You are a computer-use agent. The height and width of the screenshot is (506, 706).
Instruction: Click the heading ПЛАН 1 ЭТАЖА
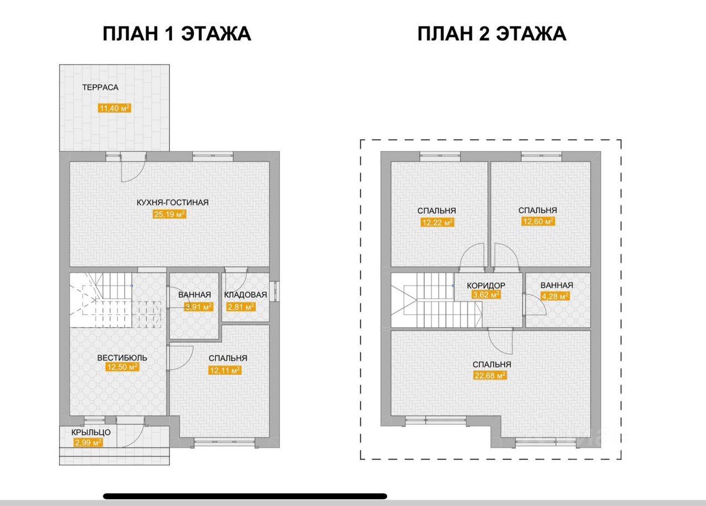(176, 34)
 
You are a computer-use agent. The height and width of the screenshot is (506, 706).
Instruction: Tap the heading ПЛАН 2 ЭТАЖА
(491, 34)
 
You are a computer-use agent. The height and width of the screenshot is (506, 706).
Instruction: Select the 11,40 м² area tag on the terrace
(114, 108)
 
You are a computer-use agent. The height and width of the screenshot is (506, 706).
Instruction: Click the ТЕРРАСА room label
(100, 87)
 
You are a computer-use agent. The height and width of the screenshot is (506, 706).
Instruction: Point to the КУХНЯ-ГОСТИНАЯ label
(173, 202)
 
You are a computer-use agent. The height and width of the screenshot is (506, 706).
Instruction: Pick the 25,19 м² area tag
(169, 215)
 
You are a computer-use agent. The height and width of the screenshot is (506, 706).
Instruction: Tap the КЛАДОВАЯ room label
(245, 295)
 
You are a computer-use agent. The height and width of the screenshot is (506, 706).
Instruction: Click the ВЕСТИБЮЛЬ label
(122, 358)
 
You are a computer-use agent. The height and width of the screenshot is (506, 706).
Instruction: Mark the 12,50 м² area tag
(122, 367)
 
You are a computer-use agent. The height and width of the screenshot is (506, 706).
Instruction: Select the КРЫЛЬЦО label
(91, 432)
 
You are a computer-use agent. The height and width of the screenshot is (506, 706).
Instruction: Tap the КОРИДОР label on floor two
(486, 286)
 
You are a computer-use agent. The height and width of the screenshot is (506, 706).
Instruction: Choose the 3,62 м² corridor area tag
(485, 295)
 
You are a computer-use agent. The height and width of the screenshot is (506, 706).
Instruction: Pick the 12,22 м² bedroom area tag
(437, 222)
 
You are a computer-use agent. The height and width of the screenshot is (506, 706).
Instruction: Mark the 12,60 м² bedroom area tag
(538, 222)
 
